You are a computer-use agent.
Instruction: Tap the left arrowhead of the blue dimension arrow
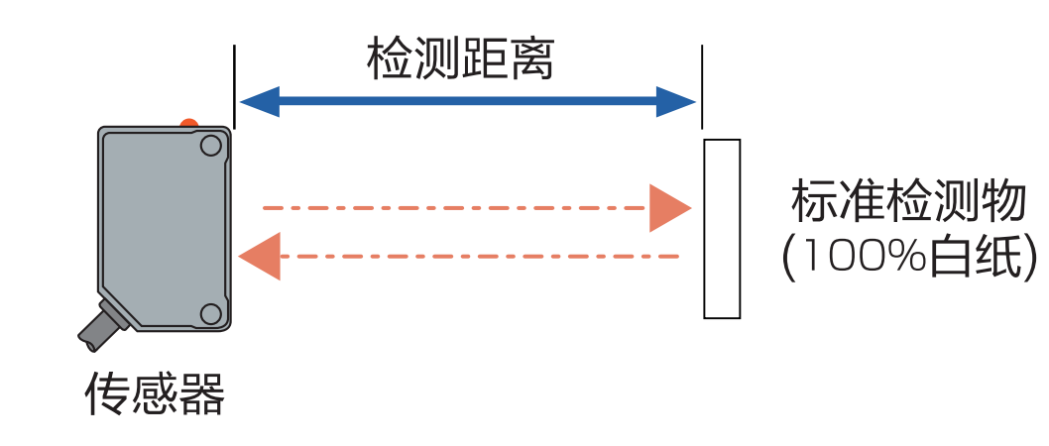(x=258, y=101)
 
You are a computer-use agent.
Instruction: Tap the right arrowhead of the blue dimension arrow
(x=676, y=101)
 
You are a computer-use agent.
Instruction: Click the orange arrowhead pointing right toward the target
(x=668, y=208)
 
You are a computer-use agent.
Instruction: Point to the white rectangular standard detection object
(x=722, y=229)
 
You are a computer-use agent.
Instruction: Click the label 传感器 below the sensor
(x=156, y=394)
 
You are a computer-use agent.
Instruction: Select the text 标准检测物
(x=907, y=203)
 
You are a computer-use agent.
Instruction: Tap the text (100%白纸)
(x=907, y=257)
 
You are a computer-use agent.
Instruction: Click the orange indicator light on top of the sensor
(x=188, y=124)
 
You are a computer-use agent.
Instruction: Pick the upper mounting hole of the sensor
(x=210, y=147)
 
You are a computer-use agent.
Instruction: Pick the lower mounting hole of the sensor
(x=210, y=314)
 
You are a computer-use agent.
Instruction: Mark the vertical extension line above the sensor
(x=234, y=84)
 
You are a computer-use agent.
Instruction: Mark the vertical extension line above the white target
(x=701, y=84)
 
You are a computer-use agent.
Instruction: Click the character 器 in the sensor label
(x=203, y=394)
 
